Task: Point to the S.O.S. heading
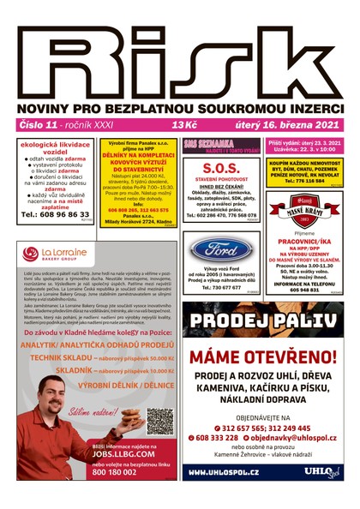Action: point(221,167)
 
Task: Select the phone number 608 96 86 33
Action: point(51,214)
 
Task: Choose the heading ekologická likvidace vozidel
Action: point(51,148)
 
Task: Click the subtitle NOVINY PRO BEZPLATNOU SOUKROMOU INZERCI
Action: point(180,109)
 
